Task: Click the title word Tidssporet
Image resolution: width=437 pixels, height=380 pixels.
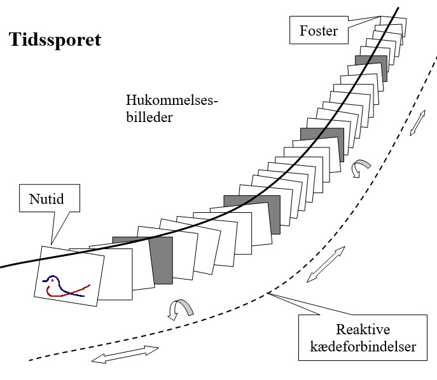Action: click(55, 40)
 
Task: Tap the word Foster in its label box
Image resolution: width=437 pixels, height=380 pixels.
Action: click(319, 31)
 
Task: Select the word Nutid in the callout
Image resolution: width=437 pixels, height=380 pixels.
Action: click(46, 199)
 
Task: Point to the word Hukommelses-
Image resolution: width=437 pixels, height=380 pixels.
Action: click(172, 100)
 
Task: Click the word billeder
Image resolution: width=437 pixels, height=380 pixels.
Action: click(149, 117)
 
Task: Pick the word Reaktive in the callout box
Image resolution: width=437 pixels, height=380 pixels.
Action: click(363, 329)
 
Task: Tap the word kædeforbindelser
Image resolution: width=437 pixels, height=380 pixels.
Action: click(363, 347)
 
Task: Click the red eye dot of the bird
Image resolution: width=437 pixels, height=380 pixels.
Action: click(52, 281)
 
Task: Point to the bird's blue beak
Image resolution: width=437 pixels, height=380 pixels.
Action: click(45, 281)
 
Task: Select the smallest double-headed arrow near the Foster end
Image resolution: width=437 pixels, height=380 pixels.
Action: click(417, 123)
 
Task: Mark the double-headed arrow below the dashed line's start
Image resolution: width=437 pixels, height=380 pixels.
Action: click(125, 355)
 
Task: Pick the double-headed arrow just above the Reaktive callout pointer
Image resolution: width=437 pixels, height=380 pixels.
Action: click(326, 264)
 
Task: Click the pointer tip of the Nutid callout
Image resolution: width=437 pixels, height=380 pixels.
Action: click(52, 245)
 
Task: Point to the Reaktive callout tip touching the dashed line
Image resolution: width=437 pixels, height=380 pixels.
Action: click(268, 293)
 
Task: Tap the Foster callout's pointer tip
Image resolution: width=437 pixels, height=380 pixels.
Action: click(380, 17)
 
